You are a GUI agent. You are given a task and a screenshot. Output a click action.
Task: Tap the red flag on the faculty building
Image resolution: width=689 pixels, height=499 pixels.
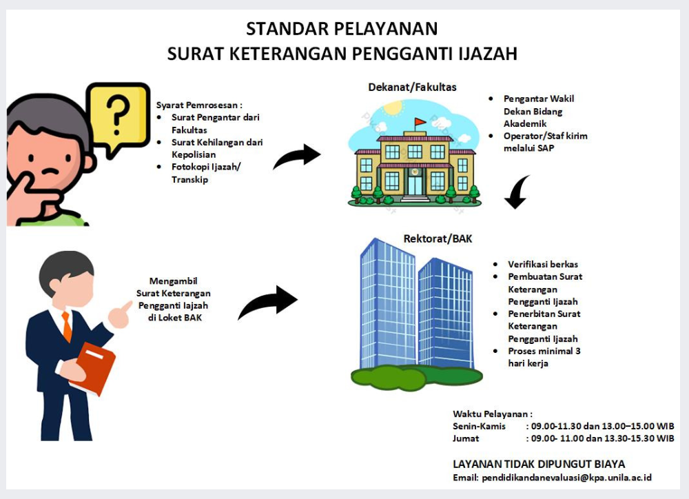[420, 121]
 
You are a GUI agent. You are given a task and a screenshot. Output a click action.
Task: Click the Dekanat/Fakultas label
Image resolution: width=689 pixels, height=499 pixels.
[412, 87]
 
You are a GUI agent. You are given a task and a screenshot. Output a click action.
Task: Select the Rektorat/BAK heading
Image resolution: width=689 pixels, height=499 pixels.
[438, 238]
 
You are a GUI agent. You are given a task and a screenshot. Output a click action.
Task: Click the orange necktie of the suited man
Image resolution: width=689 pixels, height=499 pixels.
[67, 326]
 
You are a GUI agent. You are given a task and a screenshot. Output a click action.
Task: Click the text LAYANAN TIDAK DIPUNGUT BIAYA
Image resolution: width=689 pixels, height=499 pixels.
[539, 464]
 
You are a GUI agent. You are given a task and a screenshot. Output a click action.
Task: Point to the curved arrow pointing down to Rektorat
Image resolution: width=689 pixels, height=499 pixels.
[517, 192]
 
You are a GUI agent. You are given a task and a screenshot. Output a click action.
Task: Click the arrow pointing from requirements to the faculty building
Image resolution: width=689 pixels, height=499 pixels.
[297, 156]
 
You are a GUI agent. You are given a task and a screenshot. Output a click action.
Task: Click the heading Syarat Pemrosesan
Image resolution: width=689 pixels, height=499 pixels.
[199, 105]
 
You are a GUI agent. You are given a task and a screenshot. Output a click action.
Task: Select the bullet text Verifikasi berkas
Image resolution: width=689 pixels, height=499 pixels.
[543, 264]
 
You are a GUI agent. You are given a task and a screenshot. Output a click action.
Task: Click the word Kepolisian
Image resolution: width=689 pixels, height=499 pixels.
[194, 155]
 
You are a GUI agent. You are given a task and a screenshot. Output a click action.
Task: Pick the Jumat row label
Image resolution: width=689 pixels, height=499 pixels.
[466, 438]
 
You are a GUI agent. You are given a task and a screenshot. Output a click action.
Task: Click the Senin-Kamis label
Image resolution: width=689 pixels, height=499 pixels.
[479, 426]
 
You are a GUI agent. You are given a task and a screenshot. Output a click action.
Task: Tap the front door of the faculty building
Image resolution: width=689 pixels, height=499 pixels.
[415, 185]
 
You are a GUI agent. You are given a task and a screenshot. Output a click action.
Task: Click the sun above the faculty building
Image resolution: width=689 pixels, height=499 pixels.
[393, 108]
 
